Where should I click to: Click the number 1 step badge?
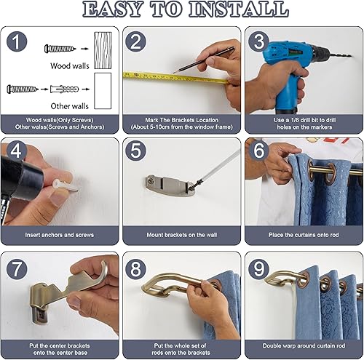(x=17, y=41)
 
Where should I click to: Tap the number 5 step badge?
(x=135, y=151)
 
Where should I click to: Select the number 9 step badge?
(x=258, y=268)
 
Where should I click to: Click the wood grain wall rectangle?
(x=103, y=50)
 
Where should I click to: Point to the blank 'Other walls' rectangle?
(x=103, y=91)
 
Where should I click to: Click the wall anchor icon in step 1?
(x=65, y=89)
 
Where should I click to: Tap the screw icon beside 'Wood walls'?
(x=60, y=49)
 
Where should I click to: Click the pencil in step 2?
(x=204, y=60)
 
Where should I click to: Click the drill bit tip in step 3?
(x=350, y=56)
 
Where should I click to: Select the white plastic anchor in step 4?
(x=66, y=185)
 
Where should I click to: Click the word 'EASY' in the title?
(x=113, y=9)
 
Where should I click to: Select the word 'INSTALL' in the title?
(x=239, y=9)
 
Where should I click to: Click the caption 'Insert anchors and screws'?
(x=60, y=235)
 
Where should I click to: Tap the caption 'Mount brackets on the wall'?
(x=182, y=235)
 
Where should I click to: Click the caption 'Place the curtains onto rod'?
(x=304, y=235)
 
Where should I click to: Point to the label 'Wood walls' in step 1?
(x=70, y=65)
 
